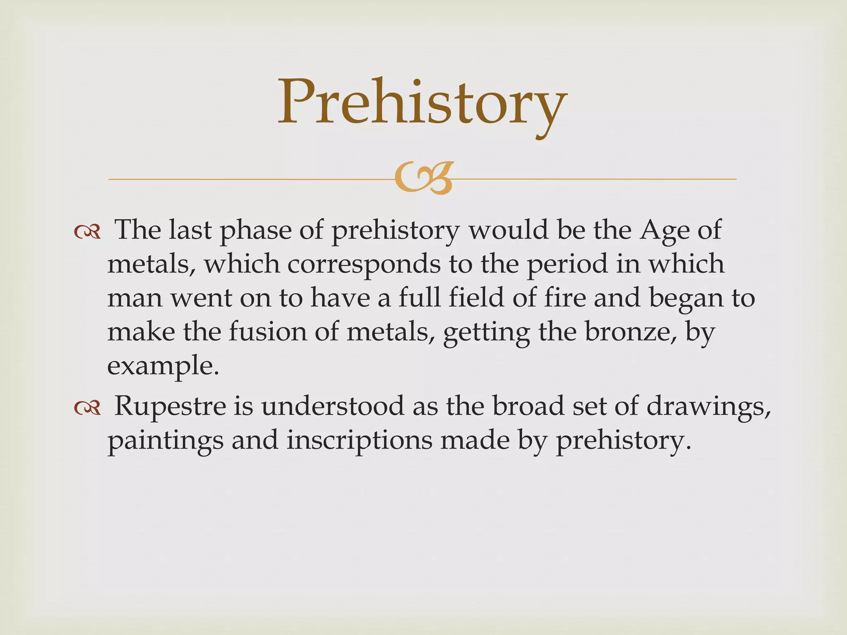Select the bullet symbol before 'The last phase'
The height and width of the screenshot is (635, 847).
87,232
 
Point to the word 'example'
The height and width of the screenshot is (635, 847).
162,366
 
